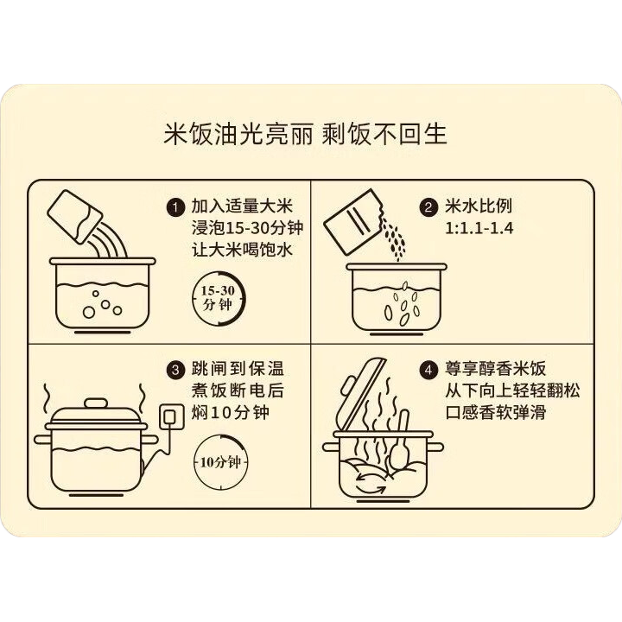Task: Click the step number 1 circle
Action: [175, 207]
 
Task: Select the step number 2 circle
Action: [428, 207]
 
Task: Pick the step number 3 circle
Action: [175, 370]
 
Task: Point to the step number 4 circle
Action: [428, 370]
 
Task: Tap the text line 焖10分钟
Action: [230, 413]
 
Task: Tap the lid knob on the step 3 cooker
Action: [96, 403]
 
